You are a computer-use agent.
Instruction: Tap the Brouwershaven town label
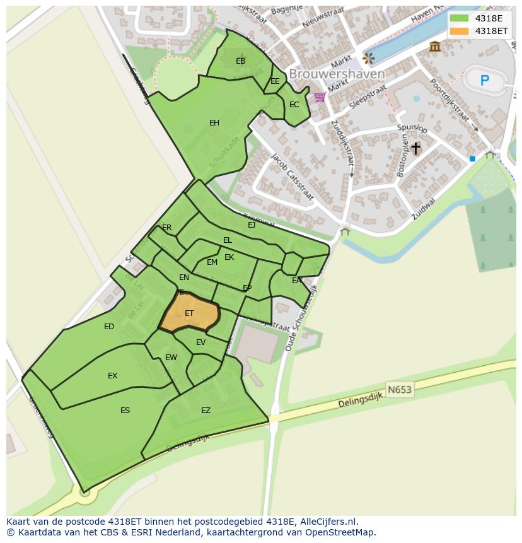pos(337,74)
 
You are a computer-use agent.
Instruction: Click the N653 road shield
pos(399,390)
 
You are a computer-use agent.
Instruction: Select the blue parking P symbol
pos(484,80)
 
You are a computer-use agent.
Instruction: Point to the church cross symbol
pos(415,148)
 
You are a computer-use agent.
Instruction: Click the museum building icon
pos(434,46)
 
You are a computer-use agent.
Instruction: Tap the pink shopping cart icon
pos(320,97)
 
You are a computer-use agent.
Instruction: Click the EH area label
pos(214,123)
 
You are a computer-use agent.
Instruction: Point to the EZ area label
pos(206,411)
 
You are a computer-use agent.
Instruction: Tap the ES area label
pos(125,411)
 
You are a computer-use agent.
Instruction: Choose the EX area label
pos(112,376)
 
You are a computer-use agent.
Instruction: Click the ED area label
pos(109,327)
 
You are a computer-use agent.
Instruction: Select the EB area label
pos(240,61)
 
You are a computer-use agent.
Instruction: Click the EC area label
pos(294,105)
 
